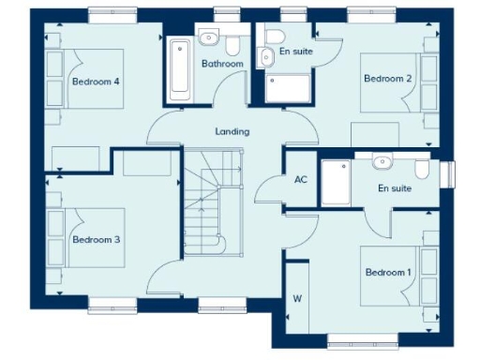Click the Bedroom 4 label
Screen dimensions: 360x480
click(96, 82)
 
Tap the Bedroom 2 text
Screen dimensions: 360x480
click(388, 78)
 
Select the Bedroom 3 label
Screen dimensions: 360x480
click(96, 240)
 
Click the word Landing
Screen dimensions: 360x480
click(232, 132)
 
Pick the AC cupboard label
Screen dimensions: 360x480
click(301, 180)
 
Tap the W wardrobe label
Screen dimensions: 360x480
click(297, 300)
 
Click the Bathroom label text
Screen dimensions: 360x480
click(222, 64)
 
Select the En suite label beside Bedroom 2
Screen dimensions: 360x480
click(296, 52)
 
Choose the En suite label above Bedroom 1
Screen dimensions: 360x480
click(395, 188)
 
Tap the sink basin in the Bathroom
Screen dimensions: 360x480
click(208, 38)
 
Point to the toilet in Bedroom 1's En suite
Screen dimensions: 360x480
click(423, 169)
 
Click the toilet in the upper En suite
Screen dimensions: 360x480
click(273, 38)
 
